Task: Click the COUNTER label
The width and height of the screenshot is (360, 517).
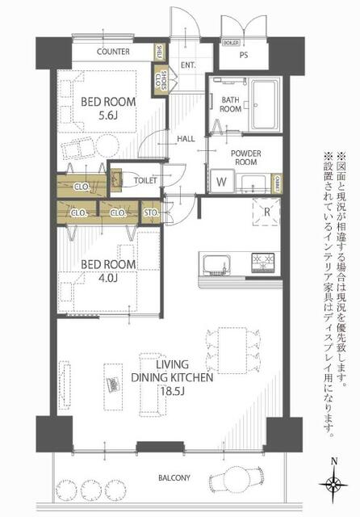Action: (x=114, y=52)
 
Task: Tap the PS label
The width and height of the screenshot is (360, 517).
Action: (x=243, y=56)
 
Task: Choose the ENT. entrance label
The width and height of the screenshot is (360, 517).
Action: (x=190, y=65)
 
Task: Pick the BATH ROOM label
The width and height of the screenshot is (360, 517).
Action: (x=231, y=104)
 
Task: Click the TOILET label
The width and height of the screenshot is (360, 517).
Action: (x=145, y=181)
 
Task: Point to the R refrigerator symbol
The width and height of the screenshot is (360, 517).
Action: (x=266, y=212)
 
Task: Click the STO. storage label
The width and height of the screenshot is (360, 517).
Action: (x=151, y=213)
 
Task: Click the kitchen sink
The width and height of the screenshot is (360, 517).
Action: (x=219, y=265)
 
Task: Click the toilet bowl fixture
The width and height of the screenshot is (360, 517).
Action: (x=119, y=180)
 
